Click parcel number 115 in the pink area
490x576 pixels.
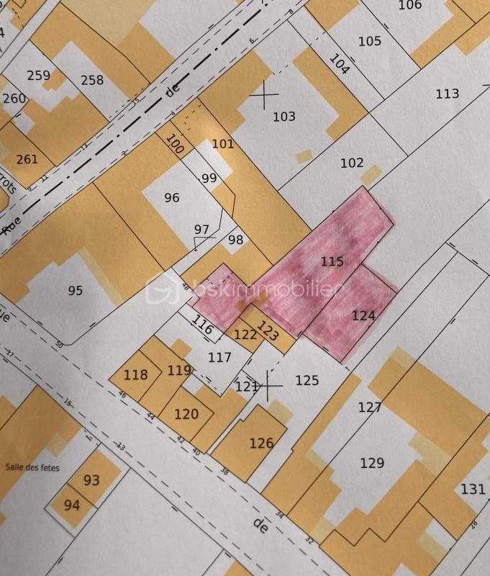coord(332,262)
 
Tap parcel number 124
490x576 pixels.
coord(363,315)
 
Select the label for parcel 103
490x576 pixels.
coord(284,117)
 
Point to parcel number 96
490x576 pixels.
coord(171,198)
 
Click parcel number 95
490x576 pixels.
coord(76,291)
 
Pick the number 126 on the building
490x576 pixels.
coord(261,444)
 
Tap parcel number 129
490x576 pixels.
coord(372,463)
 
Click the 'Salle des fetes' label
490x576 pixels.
coord(32,467)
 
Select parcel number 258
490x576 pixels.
coord(92,80)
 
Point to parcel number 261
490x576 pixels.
coord(27,159)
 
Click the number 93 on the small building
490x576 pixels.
coord(91,480)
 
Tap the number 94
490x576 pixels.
coord(72,505)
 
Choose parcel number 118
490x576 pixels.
coord(135,375)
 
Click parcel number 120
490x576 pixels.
coord(186,414)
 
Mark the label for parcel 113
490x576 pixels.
coord(447,94)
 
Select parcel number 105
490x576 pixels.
coord(370,41)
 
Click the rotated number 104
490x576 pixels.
coord(339,65)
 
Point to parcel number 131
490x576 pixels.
coord(473,490)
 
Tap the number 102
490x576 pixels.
coord(352,163)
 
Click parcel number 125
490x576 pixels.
coord(307,380)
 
